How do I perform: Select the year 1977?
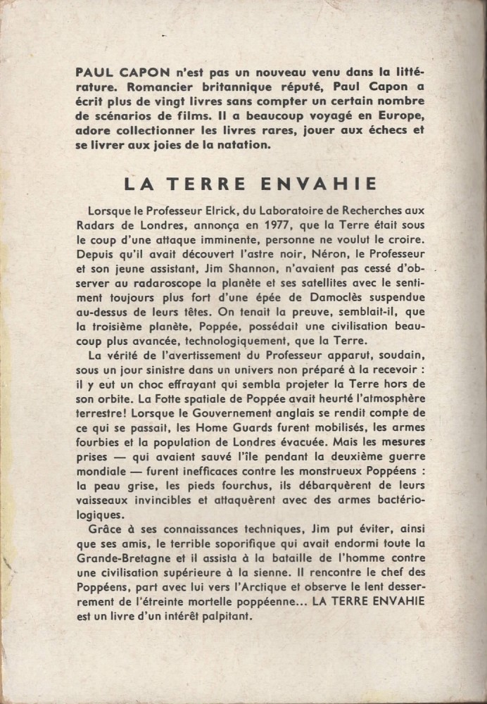[265, 226]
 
